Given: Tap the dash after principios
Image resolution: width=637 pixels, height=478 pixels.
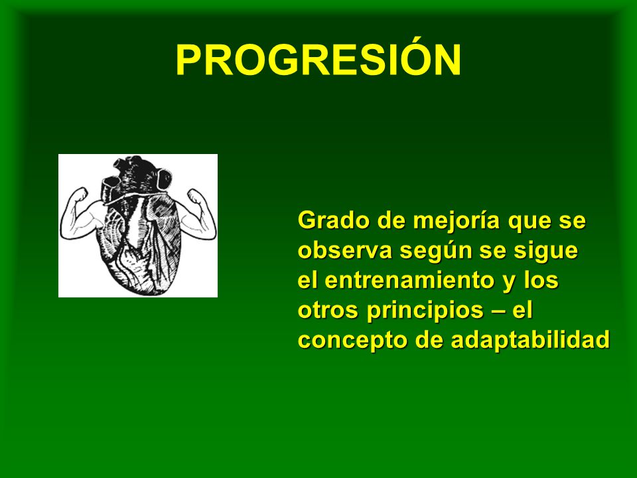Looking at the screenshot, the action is (x=498, y=312).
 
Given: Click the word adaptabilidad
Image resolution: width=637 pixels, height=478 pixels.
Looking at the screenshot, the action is (x=530, y=340).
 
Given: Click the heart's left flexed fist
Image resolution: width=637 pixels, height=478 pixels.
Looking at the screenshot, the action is (x=80, y=194).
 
